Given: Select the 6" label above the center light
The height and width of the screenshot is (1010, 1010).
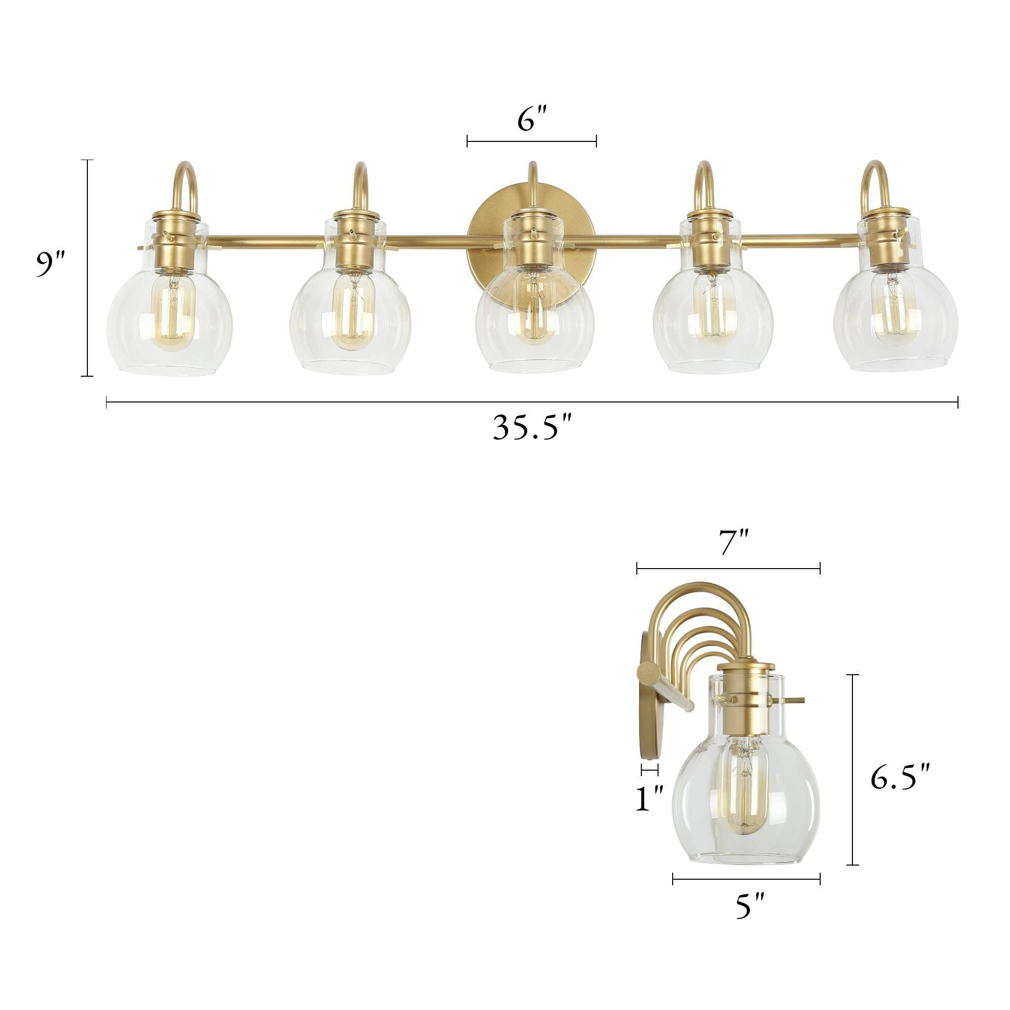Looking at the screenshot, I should coord(532,120).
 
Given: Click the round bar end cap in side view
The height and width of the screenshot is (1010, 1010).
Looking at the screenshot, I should coord(648,671).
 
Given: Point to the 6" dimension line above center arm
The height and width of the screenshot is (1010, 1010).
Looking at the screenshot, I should coord(532,141).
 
